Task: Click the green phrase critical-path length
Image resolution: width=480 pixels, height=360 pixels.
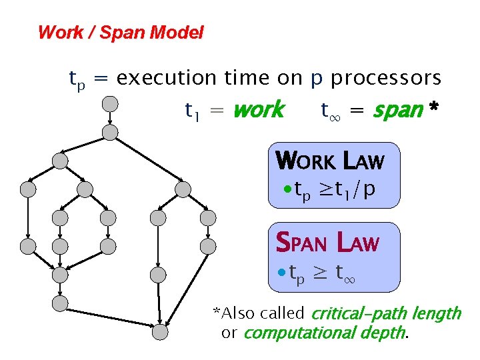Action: [386, 313]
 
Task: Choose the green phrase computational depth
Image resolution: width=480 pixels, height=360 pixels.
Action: [325, 333]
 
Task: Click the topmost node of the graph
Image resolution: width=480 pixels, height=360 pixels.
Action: [110, 103]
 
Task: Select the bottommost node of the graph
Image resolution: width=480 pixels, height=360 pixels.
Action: [159, 331]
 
